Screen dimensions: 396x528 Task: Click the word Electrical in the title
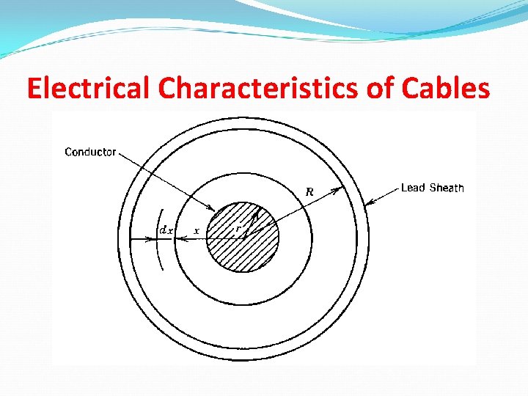click(89, 88)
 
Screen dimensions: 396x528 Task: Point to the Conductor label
click(90, 152)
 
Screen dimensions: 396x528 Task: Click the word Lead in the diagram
click(413, 188)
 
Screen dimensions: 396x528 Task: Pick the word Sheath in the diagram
click(447, 188)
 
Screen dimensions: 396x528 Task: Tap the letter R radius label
click(309, 192)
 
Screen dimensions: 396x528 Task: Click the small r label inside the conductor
click(237, 229)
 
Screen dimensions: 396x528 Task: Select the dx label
click(166, 230)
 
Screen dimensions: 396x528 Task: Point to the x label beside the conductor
click(196, 231)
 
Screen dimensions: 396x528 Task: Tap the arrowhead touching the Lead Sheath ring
click(369, 201)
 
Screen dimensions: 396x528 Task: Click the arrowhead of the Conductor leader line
click(211, 209)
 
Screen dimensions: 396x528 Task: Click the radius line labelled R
click(293, 213)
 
